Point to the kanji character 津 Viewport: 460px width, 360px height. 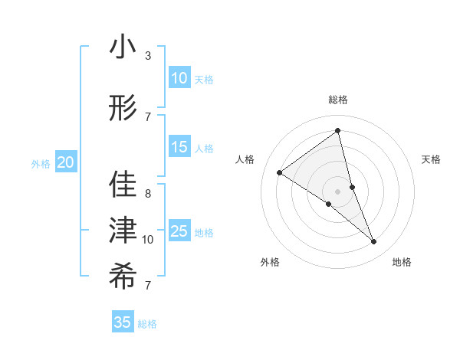click(x=123, y=232)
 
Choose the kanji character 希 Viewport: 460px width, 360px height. click(x=123, y=277)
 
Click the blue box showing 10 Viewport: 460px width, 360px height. click(x=179, y=78)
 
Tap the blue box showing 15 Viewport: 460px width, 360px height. click(x=179, y=147)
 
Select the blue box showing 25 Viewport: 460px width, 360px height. click(x=179, y=231)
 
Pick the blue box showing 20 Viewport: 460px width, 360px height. click(x=66, y=162)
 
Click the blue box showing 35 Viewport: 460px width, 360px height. click(x=123, y=322)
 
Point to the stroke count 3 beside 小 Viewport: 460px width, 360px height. click(x=148, y=57)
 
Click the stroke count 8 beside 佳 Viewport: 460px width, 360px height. click(x=148, y=194)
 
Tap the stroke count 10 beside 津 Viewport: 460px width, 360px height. click(x=148, y=240)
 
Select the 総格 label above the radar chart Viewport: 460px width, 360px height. click(x=337, y=100)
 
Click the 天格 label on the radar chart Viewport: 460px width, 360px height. click(x=431, y=159)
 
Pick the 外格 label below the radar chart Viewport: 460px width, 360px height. click(x=270, y=262)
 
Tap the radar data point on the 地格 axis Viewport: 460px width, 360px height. click(x=374, y=241)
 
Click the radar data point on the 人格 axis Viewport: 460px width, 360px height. click(x=280, y=172)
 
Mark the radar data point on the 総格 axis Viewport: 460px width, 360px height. click(x=337, y=131)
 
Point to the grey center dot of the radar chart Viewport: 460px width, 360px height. click(x=337, y=191)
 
